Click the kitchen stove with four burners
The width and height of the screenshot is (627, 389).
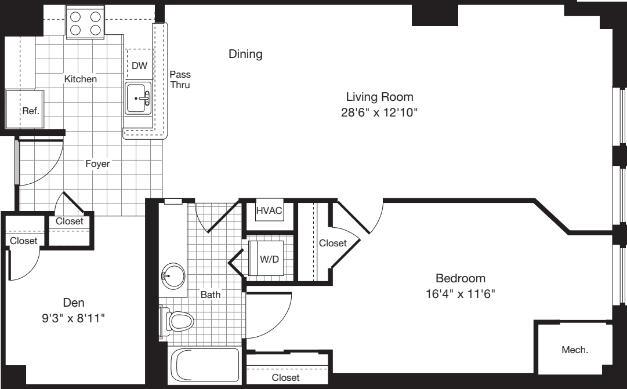85,23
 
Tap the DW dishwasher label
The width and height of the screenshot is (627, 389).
139,66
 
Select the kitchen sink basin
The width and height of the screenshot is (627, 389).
137,99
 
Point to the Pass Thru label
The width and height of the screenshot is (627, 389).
180,79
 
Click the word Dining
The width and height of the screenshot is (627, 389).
245,54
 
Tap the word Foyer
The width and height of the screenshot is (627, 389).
97,164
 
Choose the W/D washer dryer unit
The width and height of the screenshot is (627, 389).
267,259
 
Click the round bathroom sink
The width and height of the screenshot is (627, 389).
173,274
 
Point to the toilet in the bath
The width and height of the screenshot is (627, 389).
177,320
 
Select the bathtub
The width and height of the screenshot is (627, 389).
204,365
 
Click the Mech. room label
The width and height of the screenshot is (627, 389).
575,350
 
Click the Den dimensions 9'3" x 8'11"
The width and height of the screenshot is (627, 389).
74,318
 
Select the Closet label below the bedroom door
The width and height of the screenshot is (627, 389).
286,377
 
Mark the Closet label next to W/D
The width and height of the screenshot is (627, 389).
332,243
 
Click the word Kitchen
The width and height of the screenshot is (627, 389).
81,79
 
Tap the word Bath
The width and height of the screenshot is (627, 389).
211,295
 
